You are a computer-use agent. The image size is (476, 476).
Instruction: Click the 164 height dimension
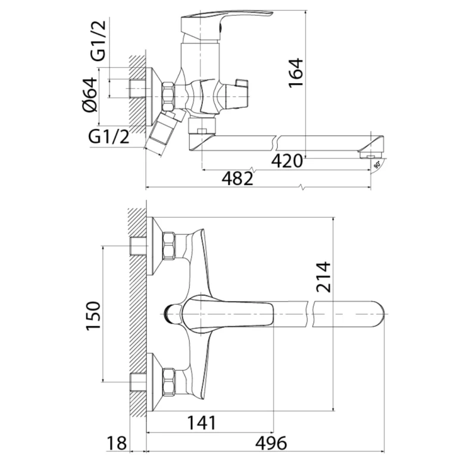tap(296, 73)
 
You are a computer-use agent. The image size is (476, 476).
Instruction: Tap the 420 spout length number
tap(287, 161)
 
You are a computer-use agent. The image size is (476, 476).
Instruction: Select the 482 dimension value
tap(237, 178)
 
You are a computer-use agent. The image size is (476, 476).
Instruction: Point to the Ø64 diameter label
tap(90, 95)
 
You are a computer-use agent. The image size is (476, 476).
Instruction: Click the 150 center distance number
tap(93, 316)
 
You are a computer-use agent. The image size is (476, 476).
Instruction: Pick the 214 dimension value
tap(323, 277)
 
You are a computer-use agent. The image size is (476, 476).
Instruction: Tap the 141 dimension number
tap(202, 423)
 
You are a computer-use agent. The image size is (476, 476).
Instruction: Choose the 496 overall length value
tap(271, 443)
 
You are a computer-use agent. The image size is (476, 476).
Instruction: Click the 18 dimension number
tap(116, 443)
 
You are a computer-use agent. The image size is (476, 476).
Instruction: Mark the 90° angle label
tap(377, 165)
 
